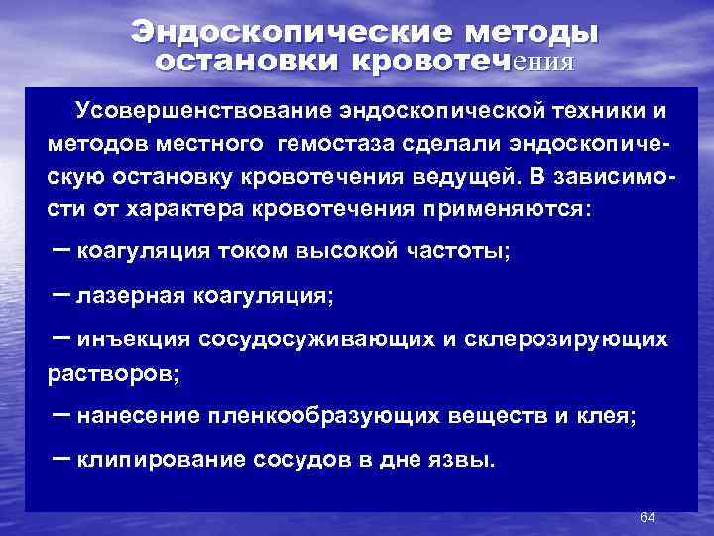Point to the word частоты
(457, 250)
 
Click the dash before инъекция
(59, 338)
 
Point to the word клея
(611, 417)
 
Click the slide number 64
(648, 518)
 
